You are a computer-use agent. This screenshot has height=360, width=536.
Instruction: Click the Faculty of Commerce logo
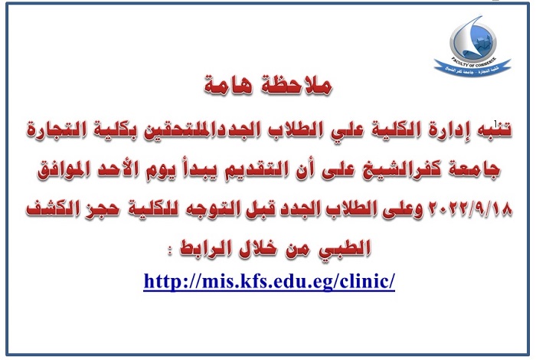tap(472, 44)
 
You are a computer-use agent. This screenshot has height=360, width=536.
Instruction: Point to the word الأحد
tap(116, 169)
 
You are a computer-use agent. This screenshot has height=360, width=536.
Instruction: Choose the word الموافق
tap(64, 169)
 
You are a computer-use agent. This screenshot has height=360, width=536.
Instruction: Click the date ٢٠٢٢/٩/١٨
tap(469, 208)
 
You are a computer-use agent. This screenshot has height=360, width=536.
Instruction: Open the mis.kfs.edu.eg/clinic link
tap(270, 282)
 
